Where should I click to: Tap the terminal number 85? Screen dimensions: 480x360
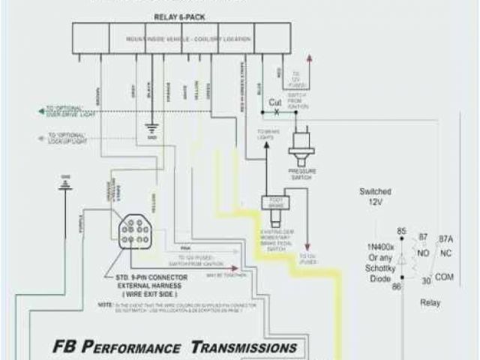[400, 231]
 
